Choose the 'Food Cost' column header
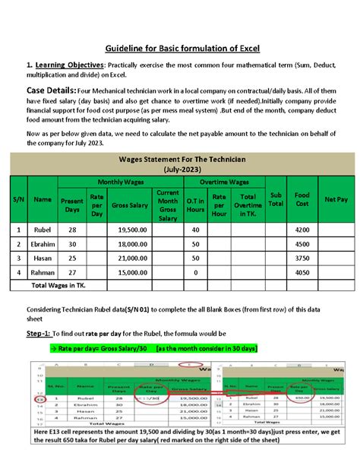point(302,198)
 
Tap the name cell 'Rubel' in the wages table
point(43,229)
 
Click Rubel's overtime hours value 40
point(196,229)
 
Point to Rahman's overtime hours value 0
point(196,272)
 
